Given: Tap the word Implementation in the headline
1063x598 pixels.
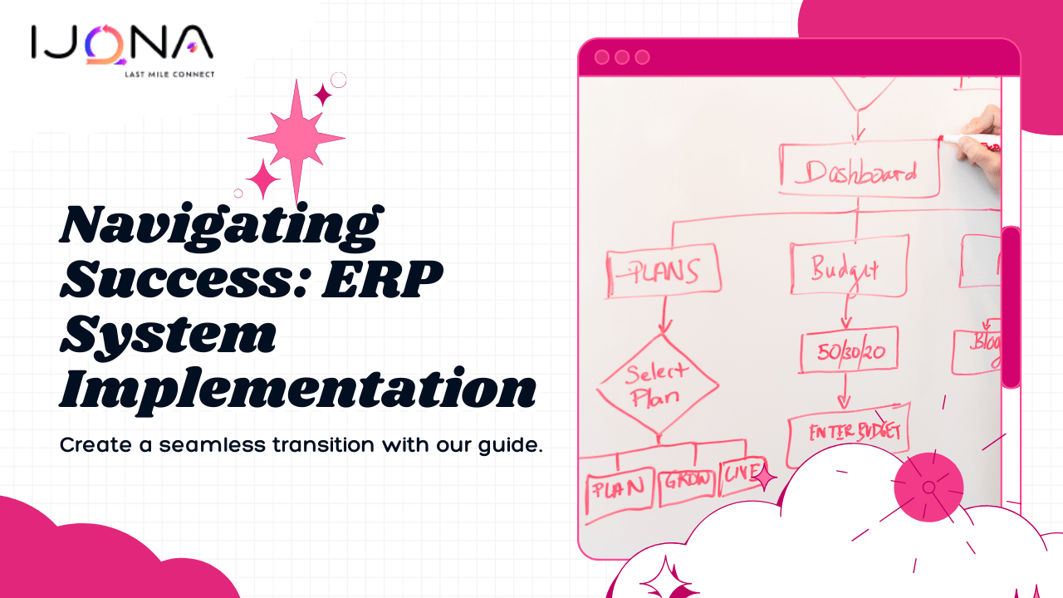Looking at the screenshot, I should (x=297, y=389).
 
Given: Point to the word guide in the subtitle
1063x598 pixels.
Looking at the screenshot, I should (x=511, y=445).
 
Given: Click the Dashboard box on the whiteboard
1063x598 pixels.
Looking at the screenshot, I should (x=859, y=172).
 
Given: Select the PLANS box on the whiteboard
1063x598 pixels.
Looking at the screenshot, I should (x=662, y=270).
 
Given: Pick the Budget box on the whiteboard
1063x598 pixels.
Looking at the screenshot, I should (x=848, y=267).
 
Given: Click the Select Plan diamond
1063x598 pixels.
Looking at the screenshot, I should (x=658, y=384).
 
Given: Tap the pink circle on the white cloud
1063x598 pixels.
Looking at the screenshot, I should (x=928, y=488).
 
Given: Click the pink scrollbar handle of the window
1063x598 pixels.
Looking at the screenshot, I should (x=1011, y=307).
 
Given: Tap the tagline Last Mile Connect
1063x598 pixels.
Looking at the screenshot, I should (x=169, y=74).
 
